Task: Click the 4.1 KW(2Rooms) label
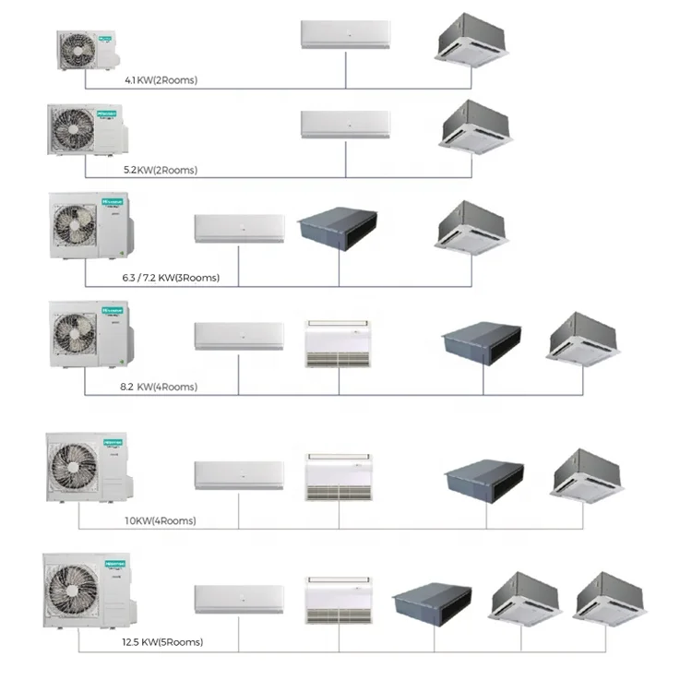tap(161, 80)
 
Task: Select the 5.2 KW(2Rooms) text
tap(161, 171)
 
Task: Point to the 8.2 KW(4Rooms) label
tap(161, 387)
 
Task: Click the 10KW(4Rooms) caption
tap(160, 521)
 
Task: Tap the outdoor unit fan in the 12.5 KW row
tap(74, 591)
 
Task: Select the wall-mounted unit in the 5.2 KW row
tap(345, 124)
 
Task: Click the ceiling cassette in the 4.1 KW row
tap(471, 36)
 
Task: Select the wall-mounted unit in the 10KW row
tap(238, 475)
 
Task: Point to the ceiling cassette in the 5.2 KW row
tap(471, 125)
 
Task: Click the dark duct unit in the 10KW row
tap(483, 478)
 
